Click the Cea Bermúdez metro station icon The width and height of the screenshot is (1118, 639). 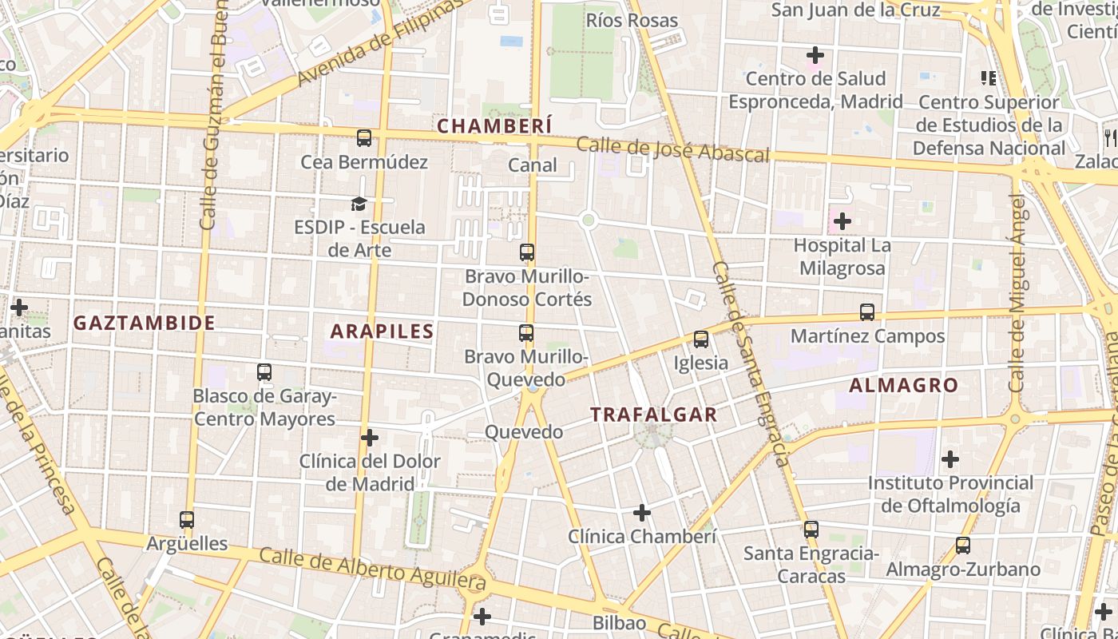(364, 138)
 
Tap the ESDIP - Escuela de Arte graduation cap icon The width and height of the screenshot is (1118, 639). (359, 204)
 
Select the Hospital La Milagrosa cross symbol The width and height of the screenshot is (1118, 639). (842, 221)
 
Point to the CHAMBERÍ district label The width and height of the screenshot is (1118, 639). (494, 126)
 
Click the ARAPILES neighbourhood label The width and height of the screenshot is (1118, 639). (383, 331)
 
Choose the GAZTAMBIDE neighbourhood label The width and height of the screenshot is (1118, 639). (144, 323)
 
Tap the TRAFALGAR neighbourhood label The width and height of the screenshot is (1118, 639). (653, 415)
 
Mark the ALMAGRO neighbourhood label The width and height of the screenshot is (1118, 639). (903, 385)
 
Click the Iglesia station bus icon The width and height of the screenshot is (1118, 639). (701, 339)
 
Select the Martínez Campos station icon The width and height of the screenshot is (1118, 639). (867, 312)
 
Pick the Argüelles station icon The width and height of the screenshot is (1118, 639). (187, 520)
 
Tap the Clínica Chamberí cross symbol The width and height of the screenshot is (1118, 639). (641, 512)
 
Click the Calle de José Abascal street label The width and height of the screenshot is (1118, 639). (672, 149)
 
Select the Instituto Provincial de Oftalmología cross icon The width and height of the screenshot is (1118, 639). (950, 459)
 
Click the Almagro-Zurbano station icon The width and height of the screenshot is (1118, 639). (963, 546)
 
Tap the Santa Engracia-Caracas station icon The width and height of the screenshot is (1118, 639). (811, 529)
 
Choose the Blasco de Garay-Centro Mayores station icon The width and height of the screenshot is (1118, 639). (264, 372)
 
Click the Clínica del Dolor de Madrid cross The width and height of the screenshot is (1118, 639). (370, 438)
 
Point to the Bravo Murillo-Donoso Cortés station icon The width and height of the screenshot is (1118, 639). (527, 252)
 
